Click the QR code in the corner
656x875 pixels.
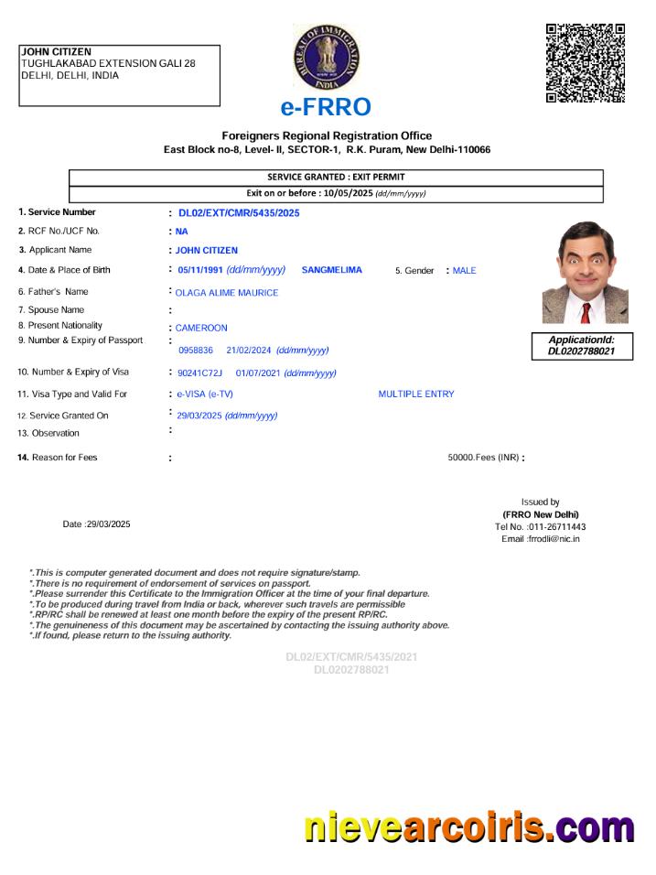(x=585, y=62)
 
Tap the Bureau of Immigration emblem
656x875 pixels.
(x=327, y=58)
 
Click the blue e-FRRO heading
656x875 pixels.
(x=326, y=108)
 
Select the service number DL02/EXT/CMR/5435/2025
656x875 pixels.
(x=239, y=213)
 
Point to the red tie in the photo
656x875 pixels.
(x=585, y=312)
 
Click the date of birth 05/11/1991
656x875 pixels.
(x=200, y=270)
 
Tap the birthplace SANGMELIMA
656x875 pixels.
(x=331, y=270)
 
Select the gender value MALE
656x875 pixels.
(x=464, y=271)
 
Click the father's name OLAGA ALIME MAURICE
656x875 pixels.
(x=226, y=293)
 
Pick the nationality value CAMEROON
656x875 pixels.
(x=201, y=328)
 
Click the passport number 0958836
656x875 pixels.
(x=196, y=351)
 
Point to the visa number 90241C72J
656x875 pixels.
(x=199, y=373)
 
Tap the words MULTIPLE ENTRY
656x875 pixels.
(x=415, y=394)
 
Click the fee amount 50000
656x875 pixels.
(x=460, y=458)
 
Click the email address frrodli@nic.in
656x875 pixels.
(x=554, y=539)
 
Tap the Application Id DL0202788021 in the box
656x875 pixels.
(x=581, y=351)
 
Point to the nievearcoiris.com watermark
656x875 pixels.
(x=468, y=828)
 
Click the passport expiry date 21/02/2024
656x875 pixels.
(x=249, y=351)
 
